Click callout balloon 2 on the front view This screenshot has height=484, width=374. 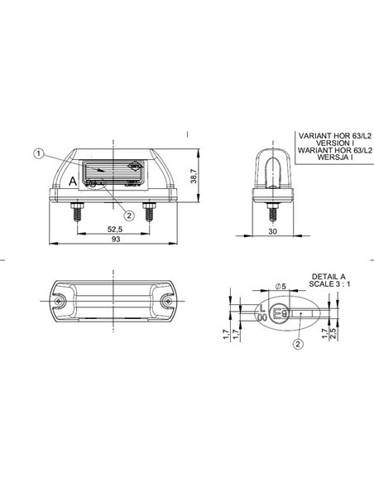pyautogui.click(x=130, y=192)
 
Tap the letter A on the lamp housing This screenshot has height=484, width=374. pyautogui.click(x=74, y=180)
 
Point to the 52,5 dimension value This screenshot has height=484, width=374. pyautogui.click(x=115, y=230)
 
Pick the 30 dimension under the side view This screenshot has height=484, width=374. pyautogui.click(x=272, y=231)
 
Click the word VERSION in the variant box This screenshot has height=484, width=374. pyautogui.click(x=324, y=142)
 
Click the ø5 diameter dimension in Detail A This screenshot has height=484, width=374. pyautogui.click(x=280, y=286)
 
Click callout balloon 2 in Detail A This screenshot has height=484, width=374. pyautogui.click(x=297, y=344)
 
